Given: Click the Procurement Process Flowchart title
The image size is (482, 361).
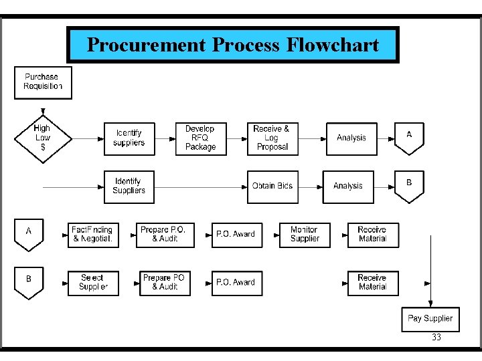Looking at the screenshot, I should [232, 45].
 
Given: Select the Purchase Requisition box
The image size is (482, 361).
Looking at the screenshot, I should [43, 82].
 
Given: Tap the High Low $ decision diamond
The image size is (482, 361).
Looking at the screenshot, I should [42, 138].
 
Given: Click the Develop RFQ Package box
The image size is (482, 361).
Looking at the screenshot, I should [200, 138].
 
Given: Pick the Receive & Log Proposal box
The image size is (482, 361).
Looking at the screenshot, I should [271, 138].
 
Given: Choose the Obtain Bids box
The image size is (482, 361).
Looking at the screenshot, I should [272, 187].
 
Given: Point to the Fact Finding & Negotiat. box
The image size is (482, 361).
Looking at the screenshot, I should [93, 235].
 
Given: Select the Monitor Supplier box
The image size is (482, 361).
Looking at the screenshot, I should [305, 235].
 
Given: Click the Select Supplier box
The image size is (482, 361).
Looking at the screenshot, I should [93, 283].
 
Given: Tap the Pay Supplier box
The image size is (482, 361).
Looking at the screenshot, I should [430, 319].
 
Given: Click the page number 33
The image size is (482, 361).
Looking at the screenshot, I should [436, 338].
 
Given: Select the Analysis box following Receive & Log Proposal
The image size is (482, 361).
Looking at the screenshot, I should [351, 138].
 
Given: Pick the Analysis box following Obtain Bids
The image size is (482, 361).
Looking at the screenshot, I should [348, 187].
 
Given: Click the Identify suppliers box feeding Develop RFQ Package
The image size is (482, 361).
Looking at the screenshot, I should [129, 138].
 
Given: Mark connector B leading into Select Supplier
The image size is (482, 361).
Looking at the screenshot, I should [29, 281].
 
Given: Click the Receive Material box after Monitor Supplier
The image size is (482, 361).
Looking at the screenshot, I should [373, 235].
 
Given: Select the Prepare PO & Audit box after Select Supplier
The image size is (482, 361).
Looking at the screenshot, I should [165, 283].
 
